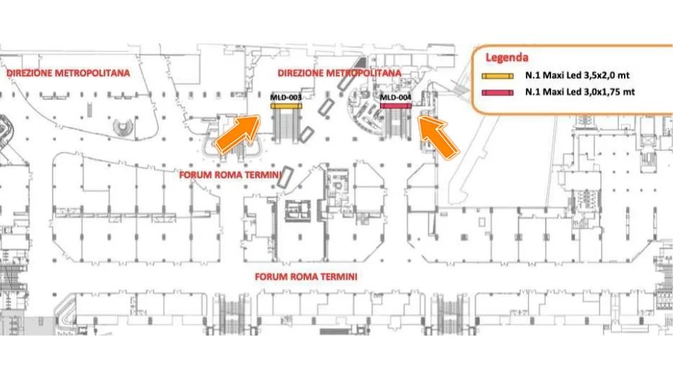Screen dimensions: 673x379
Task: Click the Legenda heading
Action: (506, 58)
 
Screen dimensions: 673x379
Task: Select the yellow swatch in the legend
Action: (498, 76)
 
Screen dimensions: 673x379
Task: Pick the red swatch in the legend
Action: (498, 93)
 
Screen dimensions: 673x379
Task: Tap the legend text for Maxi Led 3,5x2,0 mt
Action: (577, 75)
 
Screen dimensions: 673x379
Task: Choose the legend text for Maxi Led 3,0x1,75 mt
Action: (580, 91)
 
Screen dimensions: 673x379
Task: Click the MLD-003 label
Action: (286, 98)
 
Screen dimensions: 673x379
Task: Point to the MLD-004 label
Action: (395, 98)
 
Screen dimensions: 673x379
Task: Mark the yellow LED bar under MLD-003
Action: (286, 106)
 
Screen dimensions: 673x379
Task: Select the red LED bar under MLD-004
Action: (395, 106)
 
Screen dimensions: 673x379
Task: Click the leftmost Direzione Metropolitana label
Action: (68, 73)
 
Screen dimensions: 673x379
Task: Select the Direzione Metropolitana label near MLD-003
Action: (339, 73)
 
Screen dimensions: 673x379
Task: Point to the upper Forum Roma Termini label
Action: (230, 175)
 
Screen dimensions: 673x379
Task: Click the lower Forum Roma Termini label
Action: (306, 277)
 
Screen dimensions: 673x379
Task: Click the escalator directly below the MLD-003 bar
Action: (286, 125)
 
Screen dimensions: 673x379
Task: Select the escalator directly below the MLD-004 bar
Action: (395, 125)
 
